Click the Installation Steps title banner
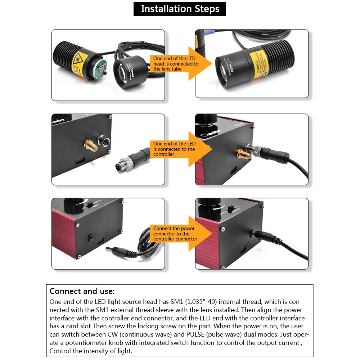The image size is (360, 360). click(x=180, y=9)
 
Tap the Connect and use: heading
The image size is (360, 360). click(x=82, y=291)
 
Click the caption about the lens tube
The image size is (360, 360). click(x=175, y=64)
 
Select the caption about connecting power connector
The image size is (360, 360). click(x=175, y=234)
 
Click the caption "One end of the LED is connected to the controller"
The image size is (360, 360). click(x=174, y=149)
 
